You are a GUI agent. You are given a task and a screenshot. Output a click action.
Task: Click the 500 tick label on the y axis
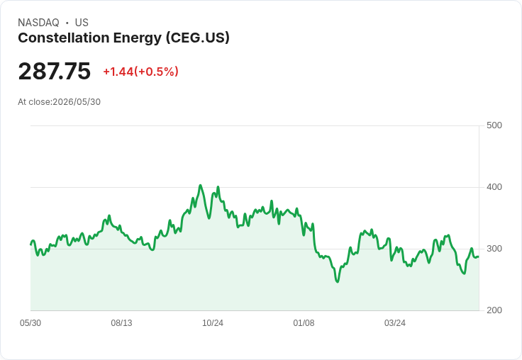click(x=494, y=125)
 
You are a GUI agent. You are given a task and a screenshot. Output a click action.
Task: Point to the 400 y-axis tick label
click(x=494, y=187)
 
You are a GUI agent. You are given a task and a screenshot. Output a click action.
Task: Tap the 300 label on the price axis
click(x=494, y=249)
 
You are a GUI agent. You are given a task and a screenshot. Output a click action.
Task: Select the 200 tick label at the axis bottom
click(x=494, y=310)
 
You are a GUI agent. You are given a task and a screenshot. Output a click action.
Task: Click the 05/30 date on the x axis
click(x=30, y=323)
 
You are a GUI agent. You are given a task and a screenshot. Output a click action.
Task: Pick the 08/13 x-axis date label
click(x=121, y=323)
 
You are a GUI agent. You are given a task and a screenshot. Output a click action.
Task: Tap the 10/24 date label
click(x=213, y=323)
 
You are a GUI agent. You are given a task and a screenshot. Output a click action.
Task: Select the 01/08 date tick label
click(x=304, y=323)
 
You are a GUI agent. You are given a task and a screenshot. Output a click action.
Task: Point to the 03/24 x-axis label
click(x=395, y=323)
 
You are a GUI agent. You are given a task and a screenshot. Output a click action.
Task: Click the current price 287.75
click(x=55, y=71)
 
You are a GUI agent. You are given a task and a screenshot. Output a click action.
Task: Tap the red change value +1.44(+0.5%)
click(x=141, y=72)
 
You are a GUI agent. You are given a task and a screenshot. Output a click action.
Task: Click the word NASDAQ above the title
click(x=38, y=23)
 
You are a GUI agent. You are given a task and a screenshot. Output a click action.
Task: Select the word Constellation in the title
click(x=64, y=38)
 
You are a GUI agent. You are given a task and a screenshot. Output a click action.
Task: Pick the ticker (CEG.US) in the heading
click(x=198, y=38)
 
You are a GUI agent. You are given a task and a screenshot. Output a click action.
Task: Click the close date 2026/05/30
click(x=77, y=102)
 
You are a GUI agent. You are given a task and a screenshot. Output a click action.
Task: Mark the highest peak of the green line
click(x=201, y=186)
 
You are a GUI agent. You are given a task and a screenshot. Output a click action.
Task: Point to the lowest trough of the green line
click(x=338, y=282)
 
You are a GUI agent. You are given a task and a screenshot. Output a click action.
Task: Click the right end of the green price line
click(x=479, y=257)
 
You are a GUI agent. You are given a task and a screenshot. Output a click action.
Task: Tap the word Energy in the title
click(x=138, y=38)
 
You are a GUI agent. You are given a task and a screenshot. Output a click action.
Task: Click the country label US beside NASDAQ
click(x=82, y=23)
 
